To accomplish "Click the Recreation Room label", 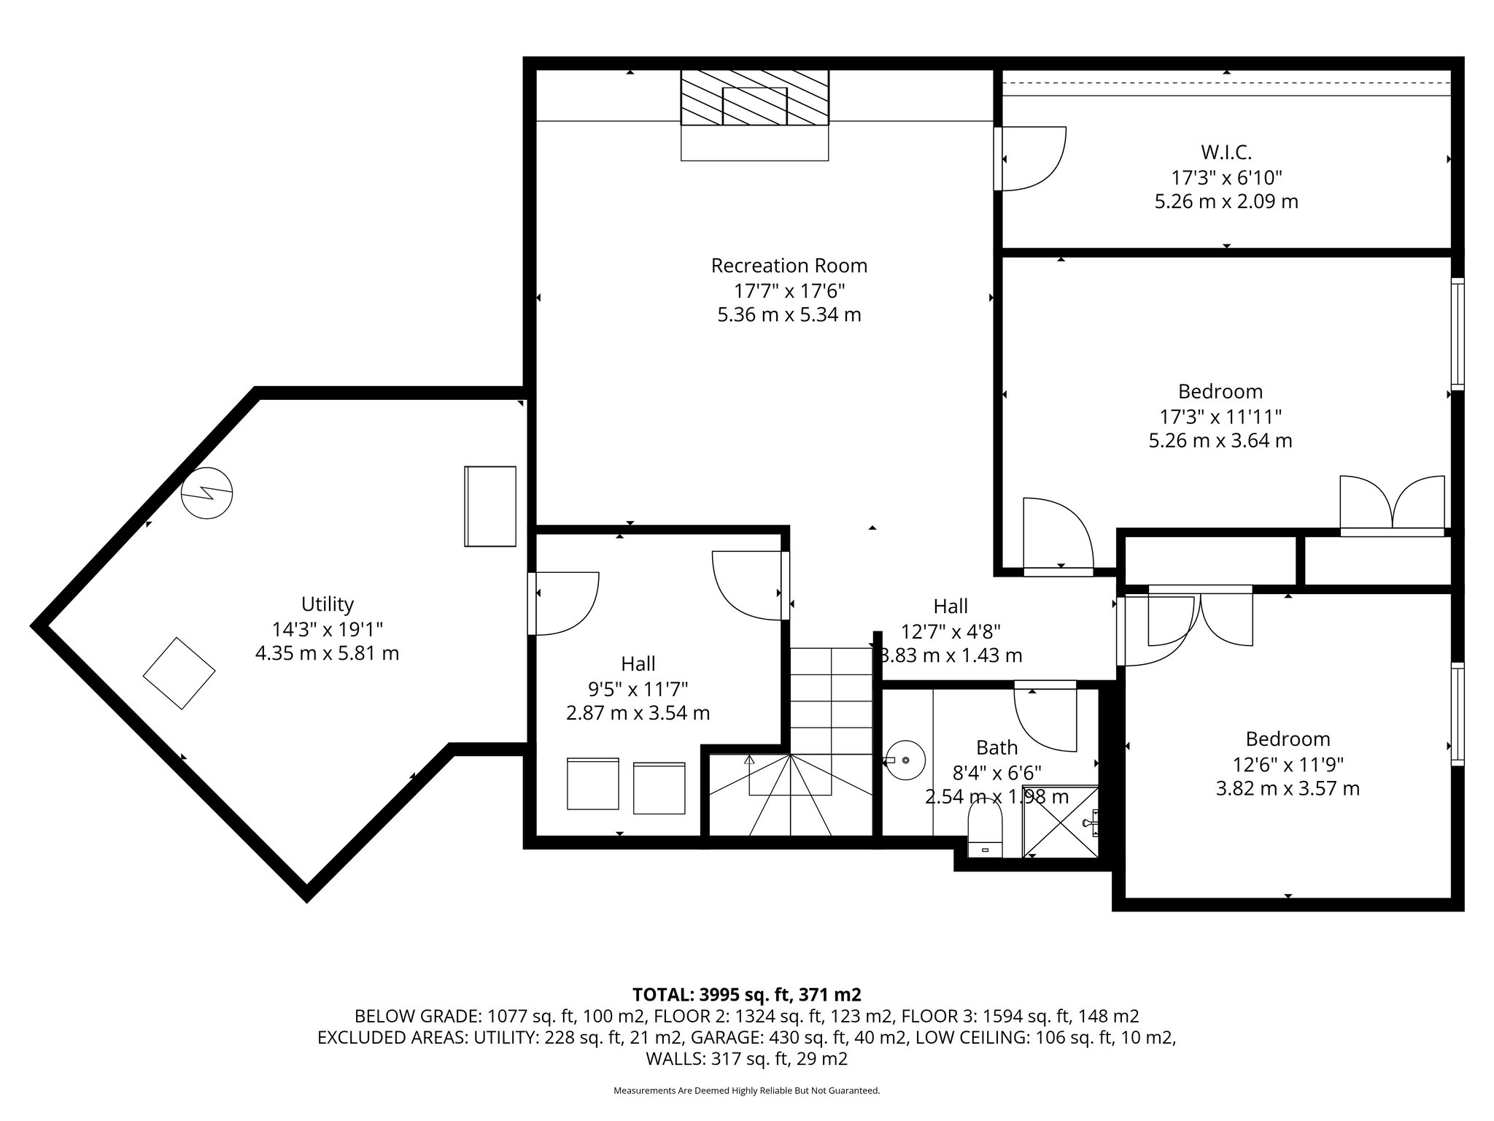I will pos(789,266).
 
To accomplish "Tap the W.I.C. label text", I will pos(1226,153).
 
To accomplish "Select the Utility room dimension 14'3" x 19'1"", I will pos(327,628).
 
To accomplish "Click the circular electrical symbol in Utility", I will pos(207,493).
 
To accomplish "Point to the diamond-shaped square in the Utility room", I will pos(179,673).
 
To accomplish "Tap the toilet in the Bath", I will pos(985,829).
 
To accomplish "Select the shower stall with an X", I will pos(1059,821).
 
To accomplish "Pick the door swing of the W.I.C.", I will pos(1032,158).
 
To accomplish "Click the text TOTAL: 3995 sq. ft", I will pos(746,994).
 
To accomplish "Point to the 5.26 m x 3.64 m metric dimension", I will pos(1220,441).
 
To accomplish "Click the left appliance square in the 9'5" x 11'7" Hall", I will pos(593,784).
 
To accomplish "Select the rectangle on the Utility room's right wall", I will pos(490,506).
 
